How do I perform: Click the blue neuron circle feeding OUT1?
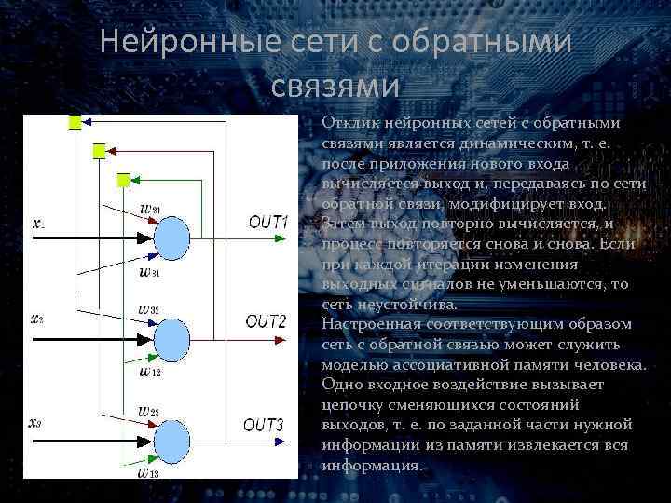172,238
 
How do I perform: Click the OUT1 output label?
268,222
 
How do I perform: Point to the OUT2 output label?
266,321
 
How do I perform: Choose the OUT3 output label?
264,425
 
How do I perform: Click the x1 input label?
38,224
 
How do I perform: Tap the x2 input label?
37,319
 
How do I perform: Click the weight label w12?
149,371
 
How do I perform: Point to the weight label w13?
148,472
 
